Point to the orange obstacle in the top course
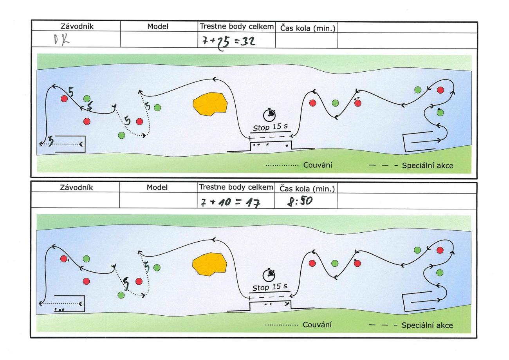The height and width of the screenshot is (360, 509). coord(210,104)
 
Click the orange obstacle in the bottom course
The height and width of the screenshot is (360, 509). coord(210,263)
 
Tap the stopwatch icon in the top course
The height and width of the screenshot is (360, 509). coord(269,114)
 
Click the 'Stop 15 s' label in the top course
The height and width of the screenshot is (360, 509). coord(270,127)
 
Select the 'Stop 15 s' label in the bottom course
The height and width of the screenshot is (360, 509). coord(270,287)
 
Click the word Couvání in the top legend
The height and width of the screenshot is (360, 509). coord(318,165)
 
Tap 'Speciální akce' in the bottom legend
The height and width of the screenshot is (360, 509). coord(427,325)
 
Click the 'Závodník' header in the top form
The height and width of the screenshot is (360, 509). coord(77,27)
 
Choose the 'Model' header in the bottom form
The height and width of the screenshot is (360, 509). coord(157,187)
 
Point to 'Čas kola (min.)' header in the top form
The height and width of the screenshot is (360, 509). coord(307,28)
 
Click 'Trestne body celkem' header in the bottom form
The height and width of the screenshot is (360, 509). coord(236,187)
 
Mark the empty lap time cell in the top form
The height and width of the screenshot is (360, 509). coord(306,40)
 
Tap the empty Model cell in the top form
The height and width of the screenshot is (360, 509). coord(159,40)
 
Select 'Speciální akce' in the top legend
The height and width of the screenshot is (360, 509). coord(428,165)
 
